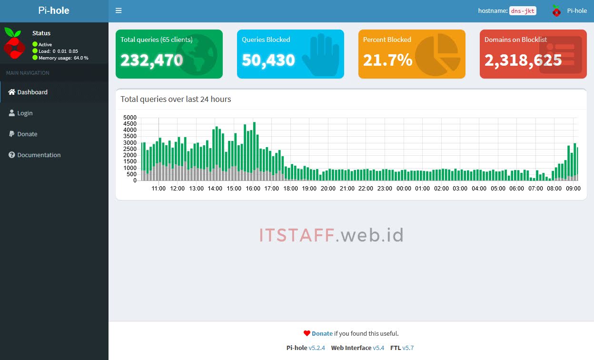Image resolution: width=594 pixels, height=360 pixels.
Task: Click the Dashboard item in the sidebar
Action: tap(32, 92)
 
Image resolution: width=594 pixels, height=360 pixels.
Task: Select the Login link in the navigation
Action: tap(25, 113)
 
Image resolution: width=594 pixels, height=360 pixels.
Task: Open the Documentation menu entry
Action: tap(39, 155)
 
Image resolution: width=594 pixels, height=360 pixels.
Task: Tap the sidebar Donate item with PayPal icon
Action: tap(27, 134)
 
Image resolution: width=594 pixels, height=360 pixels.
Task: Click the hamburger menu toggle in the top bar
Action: tap(119, 10)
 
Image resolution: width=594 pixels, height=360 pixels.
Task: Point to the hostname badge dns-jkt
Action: tap(523, 10)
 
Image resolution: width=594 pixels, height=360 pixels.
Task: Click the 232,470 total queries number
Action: tap(151, 60)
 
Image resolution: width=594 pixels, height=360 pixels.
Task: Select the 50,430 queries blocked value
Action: tap(268, 60)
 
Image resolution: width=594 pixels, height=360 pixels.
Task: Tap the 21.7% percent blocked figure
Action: tap(387, 60)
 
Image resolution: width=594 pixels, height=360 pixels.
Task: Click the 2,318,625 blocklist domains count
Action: tap(523, 60)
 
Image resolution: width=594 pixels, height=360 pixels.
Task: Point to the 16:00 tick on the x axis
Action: tap(253, 189)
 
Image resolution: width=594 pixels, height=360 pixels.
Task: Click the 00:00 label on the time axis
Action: tap(404, 189)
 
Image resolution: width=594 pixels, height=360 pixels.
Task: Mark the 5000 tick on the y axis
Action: tap(129, 118)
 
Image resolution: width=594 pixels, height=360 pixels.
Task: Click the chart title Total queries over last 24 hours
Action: tap(176, 99)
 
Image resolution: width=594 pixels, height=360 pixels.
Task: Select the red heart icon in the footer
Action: tap(307, 333)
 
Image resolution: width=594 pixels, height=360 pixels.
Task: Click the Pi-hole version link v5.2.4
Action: tap(317, 348)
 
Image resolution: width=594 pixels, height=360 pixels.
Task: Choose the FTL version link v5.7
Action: tap(408, 348)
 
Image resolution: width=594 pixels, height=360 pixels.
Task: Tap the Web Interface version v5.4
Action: tap(378, 348)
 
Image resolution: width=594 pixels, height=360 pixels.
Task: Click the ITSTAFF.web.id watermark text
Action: tap(331, 235)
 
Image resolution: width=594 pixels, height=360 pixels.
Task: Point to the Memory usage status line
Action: tap(63, 58)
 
